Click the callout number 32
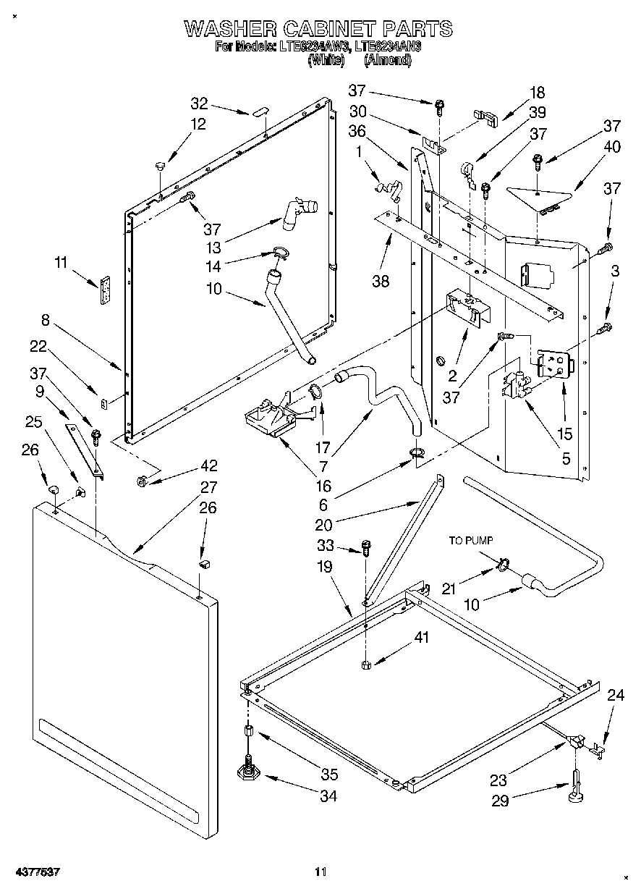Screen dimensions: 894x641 point(199,103)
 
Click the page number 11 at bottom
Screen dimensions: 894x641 point(320,872)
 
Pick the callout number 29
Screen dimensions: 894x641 point(521,800)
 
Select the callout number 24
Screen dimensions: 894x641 point(616,696)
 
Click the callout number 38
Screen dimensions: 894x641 point(381,281)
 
